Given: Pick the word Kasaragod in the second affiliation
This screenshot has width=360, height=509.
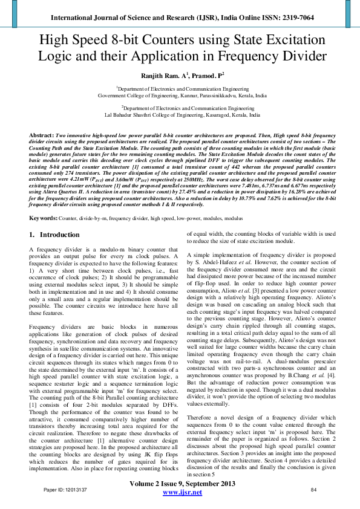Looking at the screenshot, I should pyautogui.click(x=212, y=114).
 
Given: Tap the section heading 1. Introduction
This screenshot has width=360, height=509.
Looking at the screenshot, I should pyautogui.click(x=54, y=235).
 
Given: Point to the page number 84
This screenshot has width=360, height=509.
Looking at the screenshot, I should pyautogui.click(x=313, y=488).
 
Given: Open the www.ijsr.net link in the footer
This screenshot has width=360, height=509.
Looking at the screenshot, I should pyautogui.click(x=183, y=492).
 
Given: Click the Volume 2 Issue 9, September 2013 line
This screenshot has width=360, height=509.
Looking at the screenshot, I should pyautogui.click(x=183, y=484).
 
